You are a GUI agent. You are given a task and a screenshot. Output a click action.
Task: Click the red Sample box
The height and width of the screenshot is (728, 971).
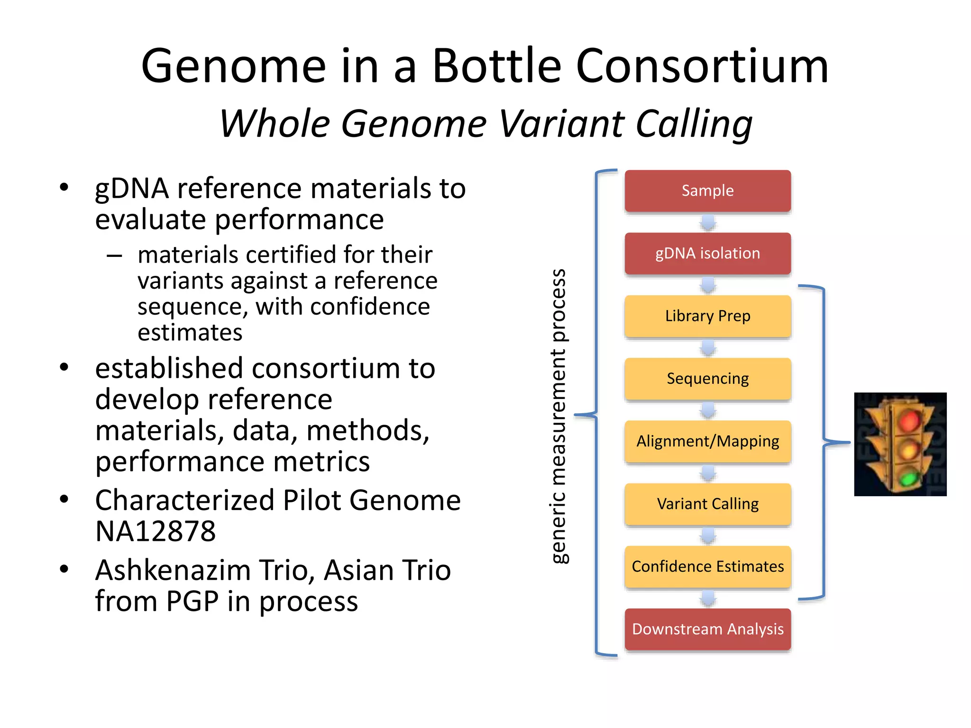tap(707, 191)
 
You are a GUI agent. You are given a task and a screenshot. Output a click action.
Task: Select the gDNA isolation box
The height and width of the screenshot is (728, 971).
tap(707, 253)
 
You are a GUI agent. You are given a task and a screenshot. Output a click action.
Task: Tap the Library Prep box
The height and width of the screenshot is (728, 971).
tap(707, 316)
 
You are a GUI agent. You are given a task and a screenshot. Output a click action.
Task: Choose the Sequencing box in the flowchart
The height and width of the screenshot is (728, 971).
tap(707, 378)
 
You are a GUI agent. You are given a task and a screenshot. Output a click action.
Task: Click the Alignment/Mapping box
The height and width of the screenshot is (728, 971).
tap(707, 441)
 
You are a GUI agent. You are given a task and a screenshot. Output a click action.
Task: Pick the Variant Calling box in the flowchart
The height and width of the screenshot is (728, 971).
tap(707, 504)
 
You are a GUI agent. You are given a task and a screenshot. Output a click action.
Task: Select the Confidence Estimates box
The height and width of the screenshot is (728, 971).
tap(707, 566)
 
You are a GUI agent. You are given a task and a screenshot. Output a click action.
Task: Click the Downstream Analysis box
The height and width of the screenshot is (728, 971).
tap(707, 629)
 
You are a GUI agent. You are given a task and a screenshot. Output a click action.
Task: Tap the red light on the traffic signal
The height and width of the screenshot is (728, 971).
tap(909, 420)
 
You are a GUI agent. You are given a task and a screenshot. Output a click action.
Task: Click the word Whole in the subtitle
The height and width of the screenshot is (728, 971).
tap(275, 124)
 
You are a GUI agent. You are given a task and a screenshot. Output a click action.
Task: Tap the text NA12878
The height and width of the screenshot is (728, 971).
tap(156, 531)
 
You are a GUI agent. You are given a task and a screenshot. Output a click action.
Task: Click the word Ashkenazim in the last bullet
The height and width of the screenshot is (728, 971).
tap(173, 570)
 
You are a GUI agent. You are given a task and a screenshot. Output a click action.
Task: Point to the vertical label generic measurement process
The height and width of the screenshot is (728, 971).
tap(559, 416)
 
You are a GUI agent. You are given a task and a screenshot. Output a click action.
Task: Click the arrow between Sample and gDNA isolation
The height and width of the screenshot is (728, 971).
tap(708, 222)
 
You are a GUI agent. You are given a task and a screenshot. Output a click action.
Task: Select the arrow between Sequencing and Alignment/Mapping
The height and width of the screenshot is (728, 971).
tap(708, 410)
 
